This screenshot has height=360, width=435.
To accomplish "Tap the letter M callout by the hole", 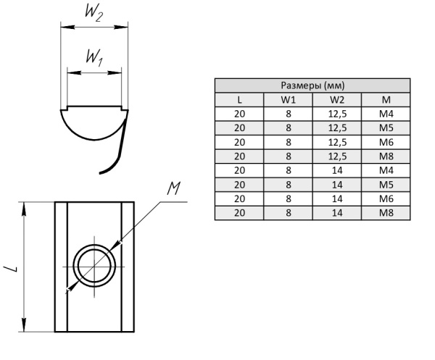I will point(173,190).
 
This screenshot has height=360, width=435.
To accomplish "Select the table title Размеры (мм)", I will point(312,85).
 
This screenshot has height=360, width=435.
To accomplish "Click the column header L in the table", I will point(239,99).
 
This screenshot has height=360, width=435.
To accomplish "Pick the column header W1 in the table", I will point(289,99).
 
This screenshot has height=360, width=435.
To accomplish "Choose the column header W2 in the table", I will point(337,99).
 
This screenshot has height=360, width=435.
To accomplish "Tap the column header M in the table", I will point(386,99).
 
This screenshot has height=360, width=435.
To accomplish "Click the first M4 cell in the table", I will point(386,114).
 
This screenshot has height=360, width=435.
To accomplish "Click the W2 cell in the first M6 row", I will point(337,142).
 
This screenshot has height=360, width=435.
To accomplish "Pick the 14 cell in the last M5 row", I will point(337,184).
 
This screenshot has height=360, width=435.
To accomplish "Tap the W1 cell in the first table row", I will point(289,114).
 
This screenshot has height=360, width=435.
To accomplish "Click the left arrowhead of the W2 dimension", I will point(63,28).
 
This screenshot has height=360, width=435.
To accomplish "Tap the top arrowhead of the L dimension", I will point(26,206).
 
